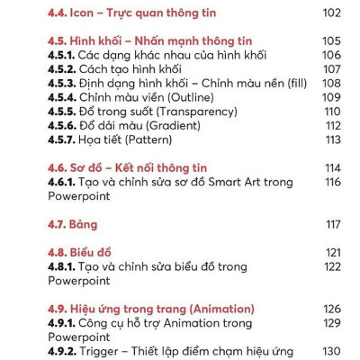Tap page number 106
click(332, 55)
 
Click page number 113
click(332, 139)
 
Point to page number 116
click(332, 182)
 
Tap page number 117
click(332, 224)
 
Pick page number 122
click(332, 266)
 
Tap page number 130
click(332, 351)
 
